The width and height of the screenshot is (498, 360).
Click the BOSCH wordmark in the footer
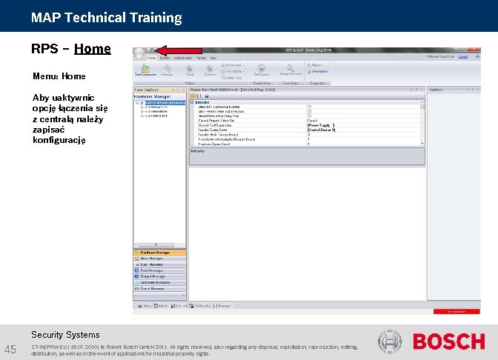coord(448,341)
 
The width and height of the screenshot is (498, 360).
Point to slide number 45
coord(11,349)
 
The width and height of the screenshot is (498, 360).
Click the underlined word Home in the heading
coord(93,50)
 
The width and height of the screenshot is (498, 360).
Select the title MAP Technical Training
coord(106,17)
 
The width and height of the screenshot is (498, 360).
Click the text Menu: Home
coord(59,76)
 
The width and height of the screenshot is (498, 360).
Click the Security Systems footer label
coord(65,335)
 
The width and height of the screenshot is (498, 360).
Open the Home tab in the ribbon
coord(152,57)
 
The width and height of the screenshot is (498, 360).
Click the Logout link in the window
coord(463,56)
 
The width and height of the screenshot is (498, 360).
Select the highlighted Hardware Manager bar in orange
coord(159,252)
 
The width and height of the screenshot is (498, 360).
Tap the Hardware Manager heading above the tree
coord(152,96)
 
